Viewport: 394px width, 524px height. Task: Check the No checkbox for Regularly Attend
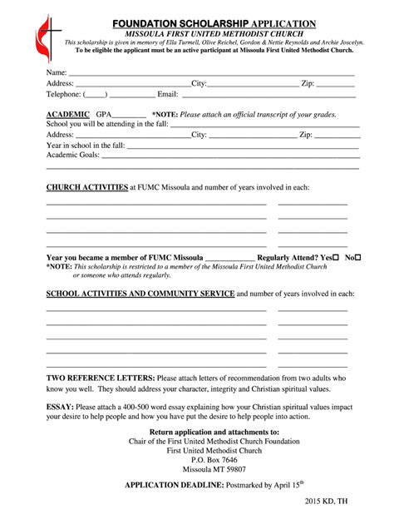[x=358, y=258]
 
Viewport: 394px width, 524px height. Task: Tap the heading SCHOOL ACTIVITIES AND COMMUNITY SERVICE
[x=140, y=294]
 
